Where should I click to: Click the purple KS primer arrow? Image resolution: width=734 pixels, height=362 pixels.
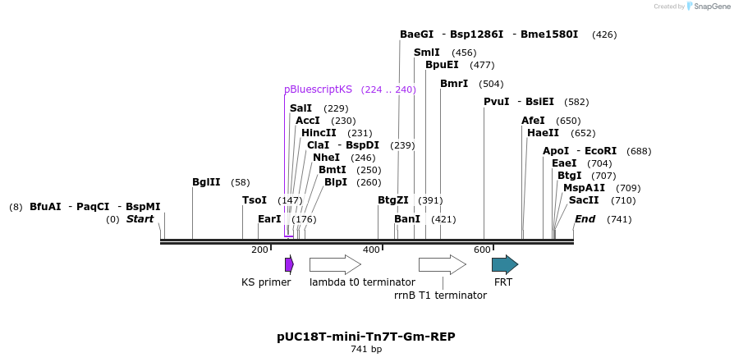coord(289,264)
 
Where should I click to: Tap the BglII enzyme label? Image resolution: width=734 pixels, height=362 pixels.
coord(206,182)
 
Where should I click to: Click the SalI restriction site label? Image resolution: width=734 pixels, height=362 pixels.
coord(300,108)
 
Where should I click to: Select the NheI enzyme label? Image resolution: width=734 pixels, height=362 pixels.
coord(326,158)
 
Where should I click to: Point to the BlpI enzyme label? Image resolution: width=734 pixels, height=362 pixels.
coord(336,182)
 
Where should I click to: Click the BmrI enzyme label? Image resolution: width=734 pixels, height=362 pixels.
coord(454,84)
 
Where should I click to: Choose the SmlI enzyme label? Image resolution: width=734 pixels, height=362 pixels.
coord(426,53)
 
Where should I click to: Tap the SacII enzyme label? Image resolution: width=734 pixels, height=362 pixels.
coord(584,200)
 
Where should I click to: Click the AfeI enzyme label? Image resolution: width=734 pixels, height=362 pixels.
coord(533,121)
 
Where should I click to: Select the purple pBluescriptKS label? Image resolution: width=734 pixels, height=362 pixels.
coord(318,89)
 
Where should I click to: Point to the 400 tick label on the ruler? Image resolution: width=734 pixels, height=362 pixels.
coord(371,250)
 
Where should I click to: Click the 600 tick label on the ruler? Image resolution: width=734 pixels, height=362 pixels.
coord(482,250)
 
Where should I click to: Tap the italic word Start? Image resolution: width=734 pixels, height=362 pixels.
coord(140,219)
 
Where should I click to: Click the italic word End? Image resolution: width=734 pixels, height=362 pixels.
coord(585,219)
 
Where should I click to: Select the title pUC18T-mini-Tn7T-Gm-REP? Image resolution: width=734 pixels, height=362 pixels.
coord(366,337)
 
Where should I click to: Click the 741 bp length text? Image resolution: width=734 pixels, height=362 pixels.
coord(366,350)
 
